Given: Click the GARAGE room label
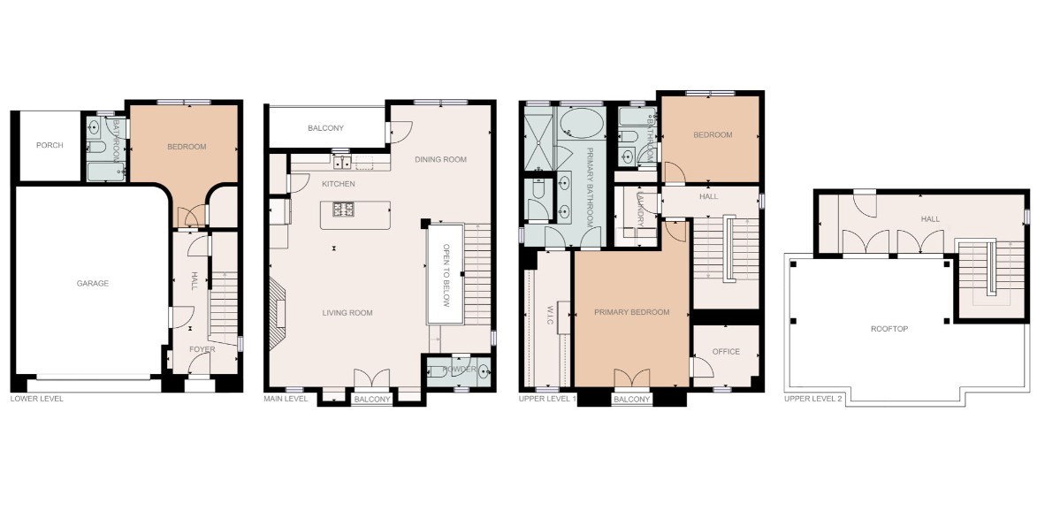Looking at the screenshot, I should click(x=92, y=284).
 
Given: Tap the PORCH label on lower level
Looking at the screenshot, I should click(x=50, y=145).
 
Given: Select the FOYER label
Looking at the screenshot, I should click(x=202, y=349).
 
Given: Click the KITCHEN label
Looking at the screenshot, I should click(x=338, y=184).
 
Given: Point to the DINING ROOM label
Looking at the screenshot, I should click(x=440, y=159).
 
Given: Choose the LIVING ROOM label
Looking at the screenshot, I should click(x=346, y=313).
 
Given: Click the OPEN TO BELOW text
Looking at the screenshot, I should click(x=447, y=275).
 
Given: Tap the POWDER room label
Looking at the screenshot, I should click(x=461, y=369).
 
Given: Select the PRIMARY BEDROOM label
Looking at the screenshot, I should click(x=631, y=312).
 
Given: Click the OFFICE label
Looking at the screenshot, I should click(x=726, y=352).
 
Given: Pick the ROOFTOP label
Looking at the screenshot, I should click(x=889, y=329).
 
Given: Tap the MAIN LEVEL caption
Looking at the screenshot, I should click(x=286, y=399).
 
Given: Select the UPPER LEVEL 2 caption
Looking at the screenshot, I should click(x=812, y=400).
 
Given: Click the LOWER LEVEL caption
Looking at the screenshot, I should click(x=36, y=399).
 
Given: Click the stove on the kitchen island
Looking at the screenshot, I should click(x=343, y=210).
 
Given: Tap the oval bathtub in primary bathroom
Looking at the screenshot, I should click(x=581, y=123).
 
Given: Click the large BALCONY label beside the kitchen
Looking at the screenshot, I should click(x=325, y=128).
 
